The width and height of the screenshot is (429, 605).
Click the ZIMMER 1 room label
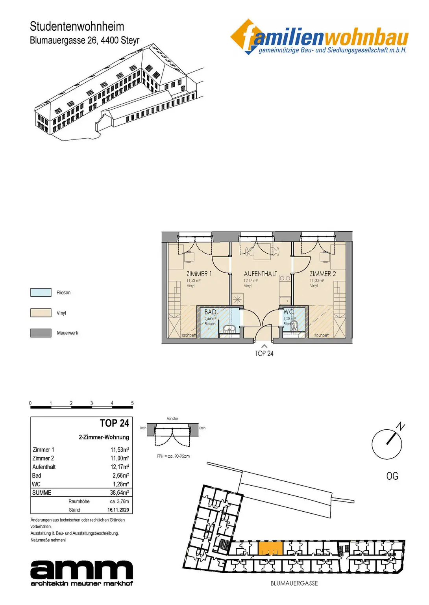tap(199, 274)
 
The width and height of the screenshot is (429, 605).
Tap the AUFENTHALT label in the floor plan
tap(260, 274)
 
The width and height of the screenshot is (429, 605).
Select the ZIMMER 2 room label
tap(323, 274)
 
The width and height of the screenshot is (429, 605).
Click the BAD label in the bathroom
tap(210, 312)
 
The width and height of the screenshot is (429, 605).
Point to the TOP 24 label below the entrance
tap(264, 354)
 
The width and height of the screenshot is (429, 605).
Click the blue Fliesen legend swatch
tap(41, 292)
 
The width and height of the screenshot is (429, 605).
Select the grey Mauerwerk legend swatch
tap(41, 333)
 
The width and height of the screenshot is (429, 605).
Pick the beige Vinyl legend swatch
tap(41, 313)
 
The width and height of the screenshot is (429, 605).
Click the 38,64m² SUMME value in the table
tap(119, 493)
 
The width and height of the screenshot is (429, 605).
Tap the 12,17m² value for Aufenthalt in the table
tap(120, 467)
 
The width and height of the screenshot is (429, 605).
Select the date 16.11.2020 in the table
tap(118, 510)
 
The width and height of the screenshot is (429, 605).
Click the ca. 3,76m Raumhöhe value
tap(119, 501)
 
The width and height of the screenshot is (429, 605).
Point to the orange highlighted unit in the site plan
tap(270, 548)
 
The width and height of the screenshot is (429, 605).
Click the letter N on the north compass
tap(400, 426)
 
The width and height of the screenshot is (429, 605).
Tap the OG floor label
tap(392, 476)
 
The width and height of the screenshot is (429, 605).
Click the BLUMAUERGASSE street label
tap(294, 583)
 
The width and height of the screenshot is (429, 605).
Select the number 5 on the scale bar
tap(132, 403)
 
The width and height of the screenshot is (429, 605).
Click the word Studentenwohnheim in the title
tap(77, 26)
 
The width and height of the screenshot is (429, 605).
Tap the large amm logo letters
tap(81, 570)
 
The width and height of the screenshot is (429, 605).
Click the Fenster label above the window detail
tap(172, 419)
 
